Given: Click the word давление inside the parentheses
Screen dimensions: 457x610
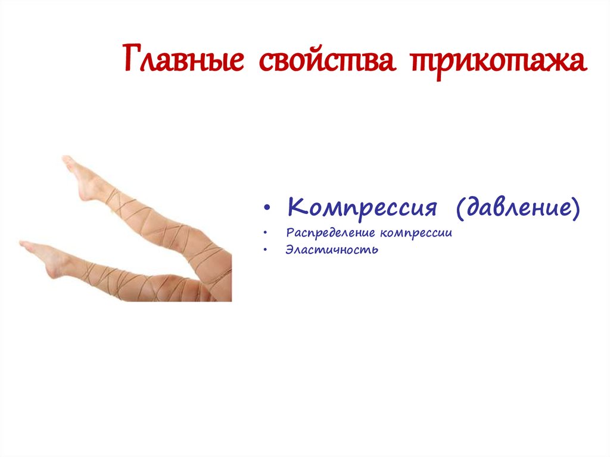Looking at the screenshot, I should click(x=518, y=209).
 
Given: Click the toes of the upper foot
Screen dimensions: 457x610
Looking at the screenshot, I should click(x=66, y=160).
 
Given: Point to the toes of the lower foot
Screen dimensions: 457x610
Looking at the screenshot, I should click(x=24, y=244).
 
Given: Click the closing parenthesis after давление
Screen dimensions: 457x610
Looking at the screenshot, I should click(x=575, y=209).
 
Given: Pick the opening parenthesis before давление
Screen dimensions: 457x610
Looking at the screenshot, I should click(x=460, y=209).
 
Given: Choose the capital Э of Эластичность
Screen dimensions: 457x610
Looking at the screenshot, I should click(x=290, y=250).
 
